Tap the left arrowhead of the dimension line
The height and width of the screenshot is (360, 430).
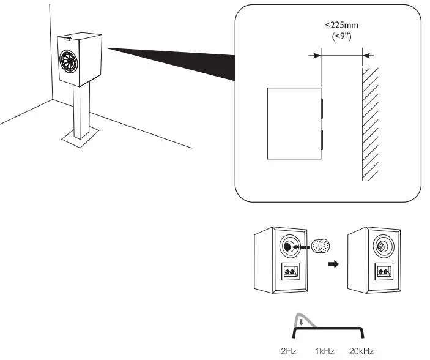(x=317, y=55)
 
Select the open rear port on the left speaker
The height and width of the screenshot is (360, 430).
(x=287, y=247)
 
